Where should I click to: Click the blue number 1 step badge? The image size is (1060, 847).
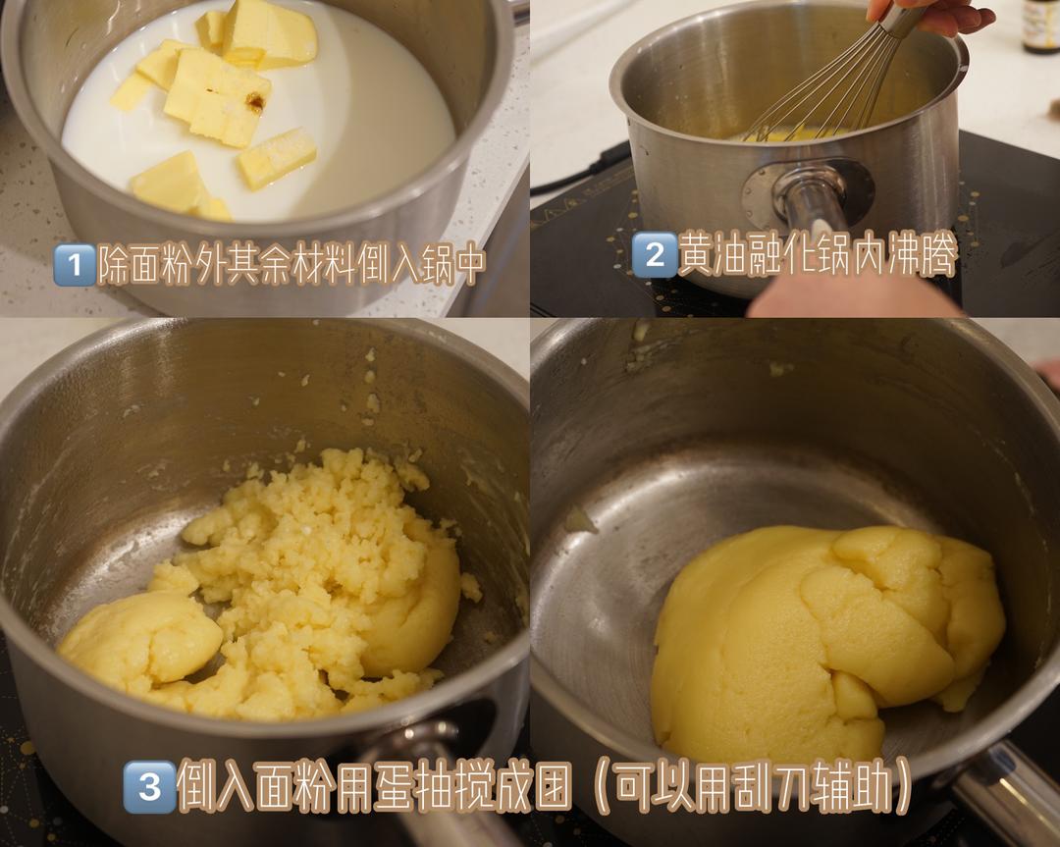tap(73, 265)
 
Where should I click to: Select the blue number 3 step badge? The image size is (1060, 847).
tap(149, 786)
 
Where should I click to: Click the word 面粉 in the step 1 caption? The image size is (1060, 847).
tap(156, 265)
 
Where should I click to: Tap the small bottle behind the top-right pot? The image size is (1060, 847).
tap(1039, 25)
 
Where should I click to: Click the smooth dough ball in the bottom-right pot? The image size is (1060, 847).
tap(824, 638)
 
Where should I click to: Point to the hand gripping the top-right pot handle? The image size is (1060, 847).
tap(854, 294)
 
